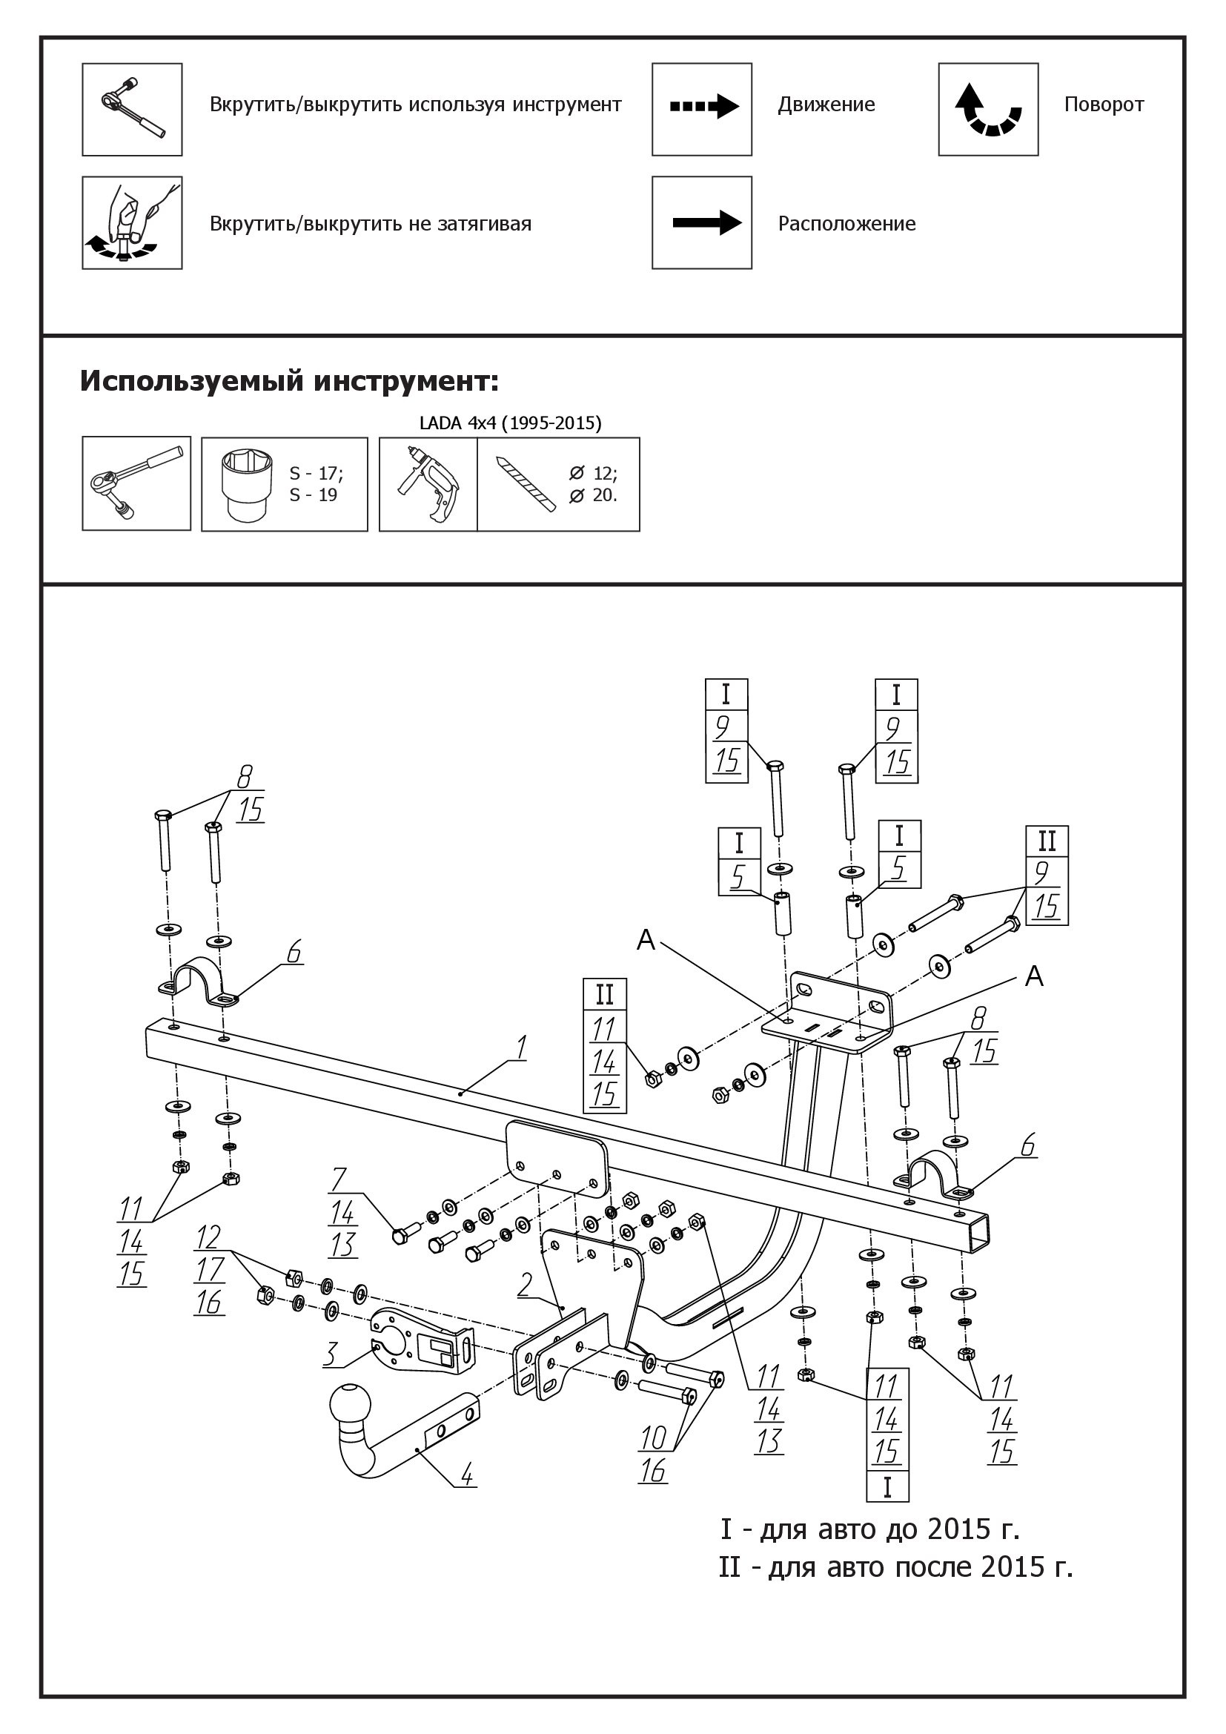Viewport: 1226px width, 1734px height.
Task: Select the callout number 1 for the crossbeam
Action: (520, 1048)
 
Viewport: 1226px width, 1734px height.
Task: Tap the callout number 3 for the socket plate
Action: (330, 1354)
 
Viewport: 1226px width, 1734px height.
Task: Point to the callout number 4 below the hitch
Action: (467, 1474)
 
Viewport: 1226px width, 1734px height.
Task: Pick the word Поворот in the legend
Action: (1104, 105)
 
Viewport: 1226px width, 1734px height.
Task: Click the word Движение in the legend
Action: (826, 105)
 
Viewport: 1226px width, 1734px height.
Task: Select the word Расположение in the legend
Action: (846, 224)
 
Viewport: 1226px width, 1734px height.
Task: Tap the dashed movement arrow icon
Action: (703, 107)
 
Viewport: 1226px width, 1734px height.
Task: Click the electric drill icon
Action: (428, 483)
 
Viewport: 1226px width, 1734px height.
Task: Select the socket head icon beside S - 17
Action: (246, 483)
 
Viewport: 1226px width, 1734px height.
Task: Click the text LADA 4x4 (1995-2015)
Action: (510, 423)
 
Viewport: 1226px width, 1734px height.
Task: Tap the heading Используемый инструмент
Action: (289, 380)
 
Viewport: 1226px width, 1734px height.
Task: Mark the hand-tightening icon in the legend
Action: (132, 224)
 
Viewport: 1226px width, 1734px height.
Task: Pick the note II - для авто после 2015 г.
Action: (895, 1567)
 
